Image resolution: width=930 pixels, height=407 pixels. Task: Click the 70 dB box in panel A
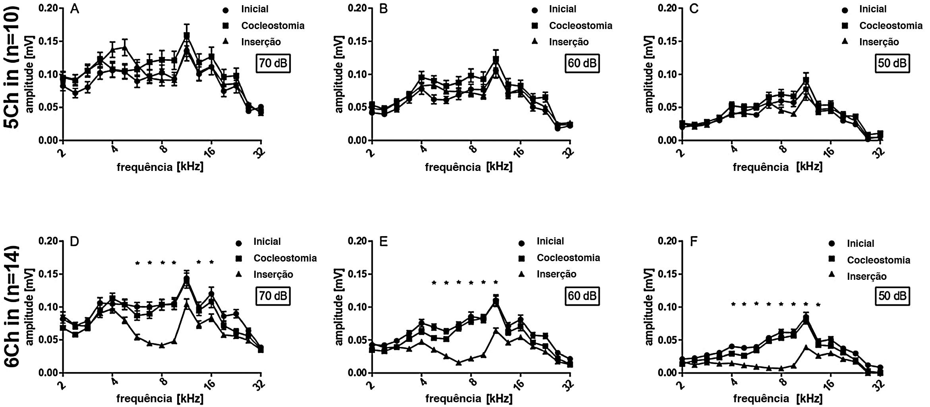[x=273, y=63]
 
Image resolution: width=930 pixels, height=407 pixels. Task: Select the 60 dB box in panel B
[x=582, y=63]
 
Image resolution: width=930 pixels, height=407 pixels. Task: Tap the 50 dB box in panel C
[x=892, y=63]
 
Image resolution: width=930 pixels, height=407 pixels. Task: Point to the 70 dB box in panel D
[x=273, y=296]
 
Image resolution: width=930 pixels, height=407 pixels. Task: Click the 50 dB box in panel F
[x=892, y=296]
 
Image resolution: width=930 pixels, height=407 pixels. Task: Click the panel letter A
[x=74, y=9]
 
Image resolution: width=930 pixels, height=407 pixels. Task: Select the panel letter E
[x=383, y=242]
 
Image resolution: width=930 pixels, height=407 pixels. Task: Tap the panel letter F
[x=694, y=242]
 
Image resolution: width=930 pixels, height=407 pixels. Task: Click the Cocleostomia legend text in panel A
[x=273, y=25]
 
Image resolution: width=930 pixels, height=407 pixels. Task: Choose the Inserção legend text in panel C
[x=879, y=42]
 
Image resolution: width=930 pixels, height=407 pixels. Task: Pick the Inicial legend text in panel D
[x=267, y=241]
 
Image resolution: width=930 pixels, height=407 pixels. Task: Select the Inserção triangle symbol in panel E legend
[x=522, y=274]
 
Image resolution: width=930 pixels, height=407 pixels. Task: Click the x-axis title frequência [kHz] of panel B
[x=468, y=167]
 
